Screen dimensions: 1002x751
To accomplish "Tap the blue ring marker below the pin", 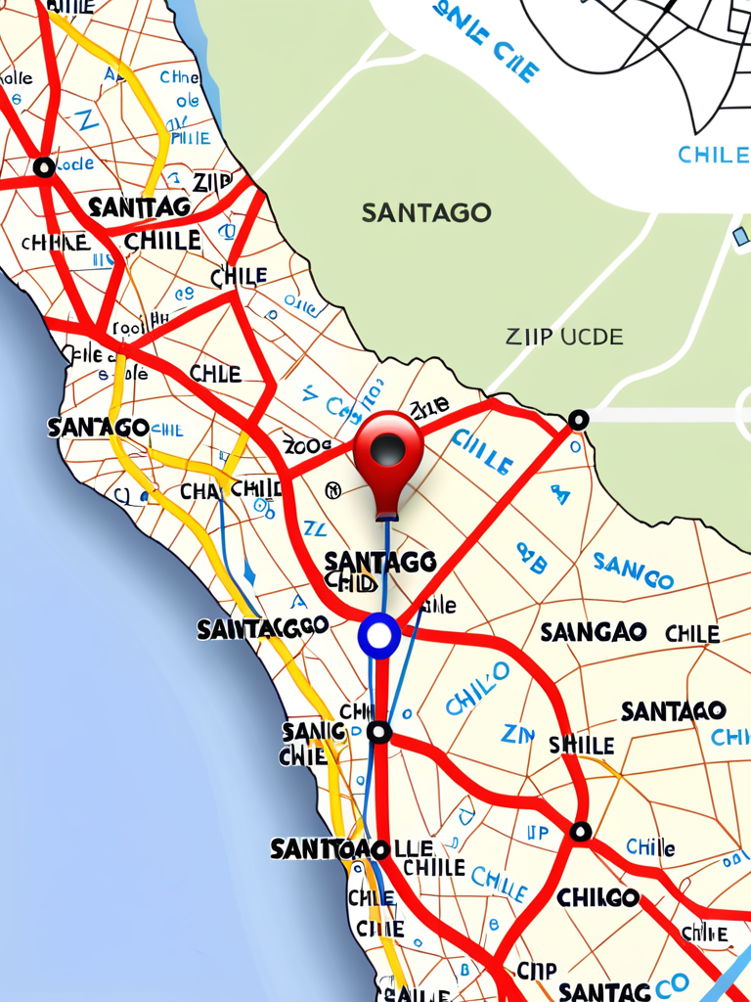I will [x=379, y=636].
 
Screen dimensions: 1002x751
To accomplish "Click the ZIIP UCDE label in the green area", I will [x=564, y=338].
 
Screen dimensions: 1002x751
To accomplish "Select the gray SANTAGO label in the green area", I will [x=426, y=212].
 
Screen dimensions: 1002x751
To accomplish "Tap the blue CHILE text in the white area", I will [x=713, y=155].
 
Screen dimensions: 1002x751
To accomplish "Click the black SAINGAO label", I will [x=594, y=633].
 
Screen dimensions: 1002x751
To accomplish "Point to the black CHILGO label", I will [x=597, y=897].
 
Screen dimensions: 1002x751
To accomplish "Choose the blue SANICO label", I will [x=633, y=570].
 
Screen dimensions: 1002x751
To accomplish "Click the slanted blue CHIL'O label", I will [x=477, y=687].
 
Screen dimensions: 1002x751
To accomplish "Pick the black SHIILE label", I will [x=581, y=746].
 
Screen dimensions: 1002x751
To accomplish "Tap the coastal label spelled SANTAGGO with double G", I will [x=262, y=628].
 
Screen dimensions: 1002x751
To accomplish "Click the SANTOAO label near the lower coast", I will [x=330, y=849].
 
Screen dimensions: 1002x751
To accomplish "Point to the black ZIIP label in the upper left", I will [x=212, y=182].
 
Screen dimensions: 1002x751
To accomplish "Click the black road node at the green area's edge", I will [x=578, y=420].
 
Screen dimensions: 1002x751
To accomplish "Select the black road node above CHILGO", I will [x=580, y=832].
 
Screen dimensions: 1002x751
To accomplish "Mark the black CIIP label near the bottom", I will [x=536, y=971].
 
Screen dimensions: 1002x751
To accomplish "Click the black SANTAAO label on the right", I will [x=673, y=711].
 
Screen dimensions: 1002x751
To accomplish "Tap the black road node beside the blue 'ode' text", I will [x=44, y=167].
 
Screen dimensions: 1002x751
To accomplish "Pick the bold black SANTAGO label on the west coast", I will [x=98, y=428].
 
